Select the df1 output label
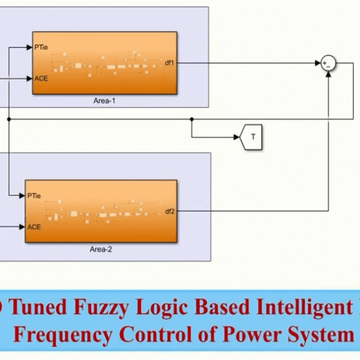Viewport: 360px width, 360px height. tap(169, 62)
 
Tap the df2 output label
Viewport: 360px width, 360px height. tap(169, 211)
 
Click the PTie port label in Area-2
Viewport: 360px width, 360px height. tap(34, 195)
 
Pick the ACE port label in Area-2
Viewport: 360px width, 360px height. tap(34, 227)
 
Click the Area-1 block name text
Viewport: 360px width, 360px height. tap(104, 101)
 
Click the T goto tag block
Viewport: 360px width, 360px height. tap(251, 137)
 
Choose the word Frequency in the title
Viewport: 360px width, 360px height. tap(63, 334)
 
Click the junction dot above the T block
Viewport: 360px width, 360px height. tap(191, 119)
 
